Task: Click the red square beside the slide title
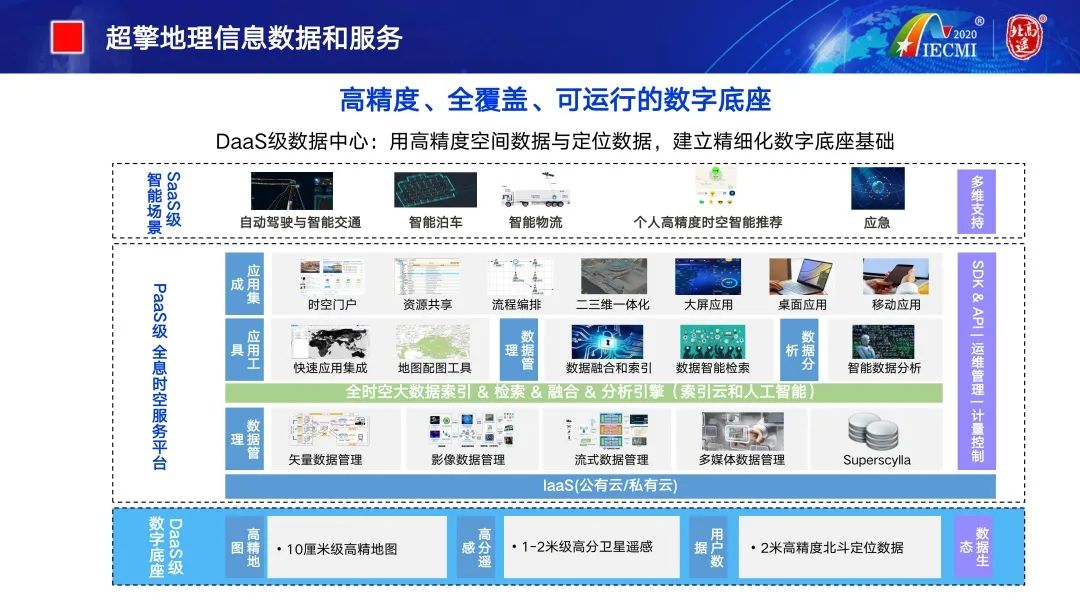(66, 37)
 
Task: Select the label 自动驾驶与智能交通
(300, 222)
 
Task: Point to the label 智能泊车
(435, 222)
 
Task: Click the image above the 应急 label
(877, 188)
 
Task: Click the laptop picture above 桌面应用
(801, 277)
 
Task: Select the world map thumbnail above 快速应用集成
(330, 342)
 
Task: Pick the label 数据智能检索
(712, 368)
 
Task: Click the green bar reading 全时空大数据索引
(583, 392)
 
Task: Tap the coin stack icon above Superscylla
(876, 431)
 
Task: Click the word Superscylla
(877, 460)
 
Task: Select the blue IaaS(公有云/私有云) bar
(610, 486)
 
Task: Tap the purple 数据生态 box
(975, 547)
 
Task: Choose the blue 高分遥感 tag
(476, 547)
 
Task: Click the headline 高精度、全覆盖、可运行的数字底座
(555, 101)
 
